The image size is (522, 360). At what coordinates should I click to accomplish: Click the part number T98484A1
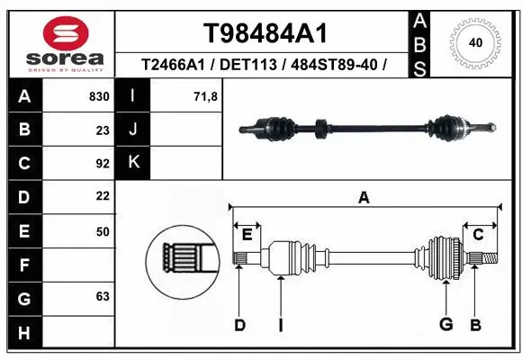[264, 33]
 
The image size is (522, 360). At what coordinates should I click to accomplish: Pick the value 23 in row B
[102, 130]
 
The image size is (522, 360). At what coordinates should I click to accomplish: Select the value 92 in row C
[102, 163]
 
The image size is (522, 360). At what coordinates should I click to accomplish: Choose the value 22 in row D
[102, 196]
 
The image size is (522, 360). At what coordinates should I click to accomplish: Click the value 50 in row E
[102, 231]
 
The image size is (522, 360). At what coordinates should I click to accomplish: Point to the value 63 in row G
[102, 295]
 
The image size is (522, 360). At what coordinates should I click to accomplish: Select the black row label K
[132, 163]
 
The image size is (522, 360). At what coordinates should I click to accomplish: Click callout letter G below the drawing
[445, 325]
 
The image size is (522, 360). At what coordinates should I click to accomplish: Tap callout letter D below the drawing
[239, 325]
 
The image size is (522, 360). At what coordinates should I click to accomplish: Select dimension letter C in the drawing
[479, 235]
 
